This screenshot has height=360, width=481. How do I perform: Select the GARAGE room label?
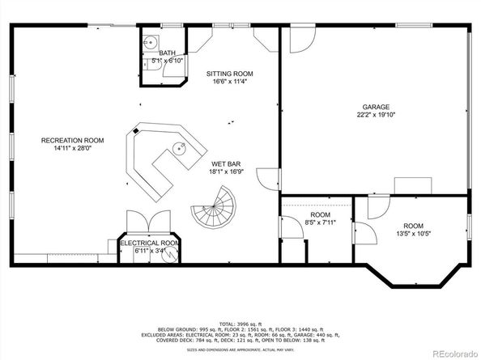click(x=376, y=107)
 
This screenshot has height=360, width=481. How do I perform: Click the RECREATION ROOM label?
click(x=73, y=141)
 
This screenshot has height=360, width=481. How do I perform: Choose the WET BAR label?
click(x=223, y=163)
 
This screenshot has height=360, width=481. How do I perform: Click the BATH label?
click(x=167, y=53)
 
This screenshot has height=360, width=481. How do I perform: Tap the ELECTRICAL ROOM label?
click(x=150, y=243)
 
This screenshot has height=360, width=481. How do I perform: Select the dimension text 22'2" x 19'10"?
click(x=376, y=116)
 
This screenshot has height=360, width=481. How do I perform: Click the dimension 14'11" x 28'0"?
click(x=73, y=149)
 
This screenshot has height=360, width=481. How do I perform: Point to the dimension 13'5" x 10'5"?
click(x=414, y=235)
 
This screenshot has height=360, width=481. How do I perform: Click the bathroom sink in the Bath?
click(x=149, y=43)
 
